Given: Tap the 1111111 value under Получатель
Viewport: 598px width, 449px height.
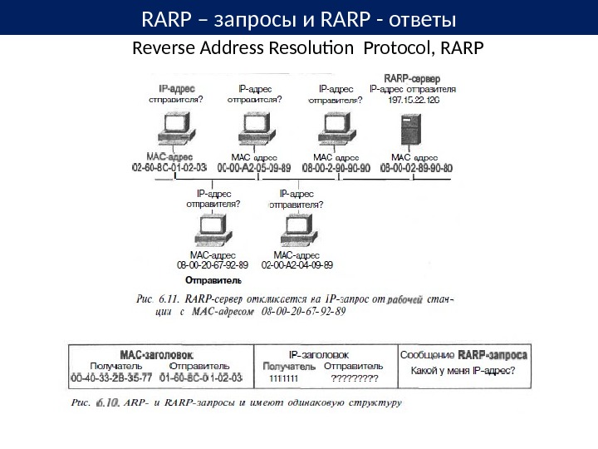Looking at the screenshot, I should tap(284, 378).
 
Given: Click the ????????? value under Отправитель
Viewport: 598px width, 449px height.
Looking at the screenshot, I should tap(355, 378).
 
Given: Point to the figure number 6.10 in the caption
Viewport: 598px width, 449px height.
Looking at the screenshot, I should tap(108, 403).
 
